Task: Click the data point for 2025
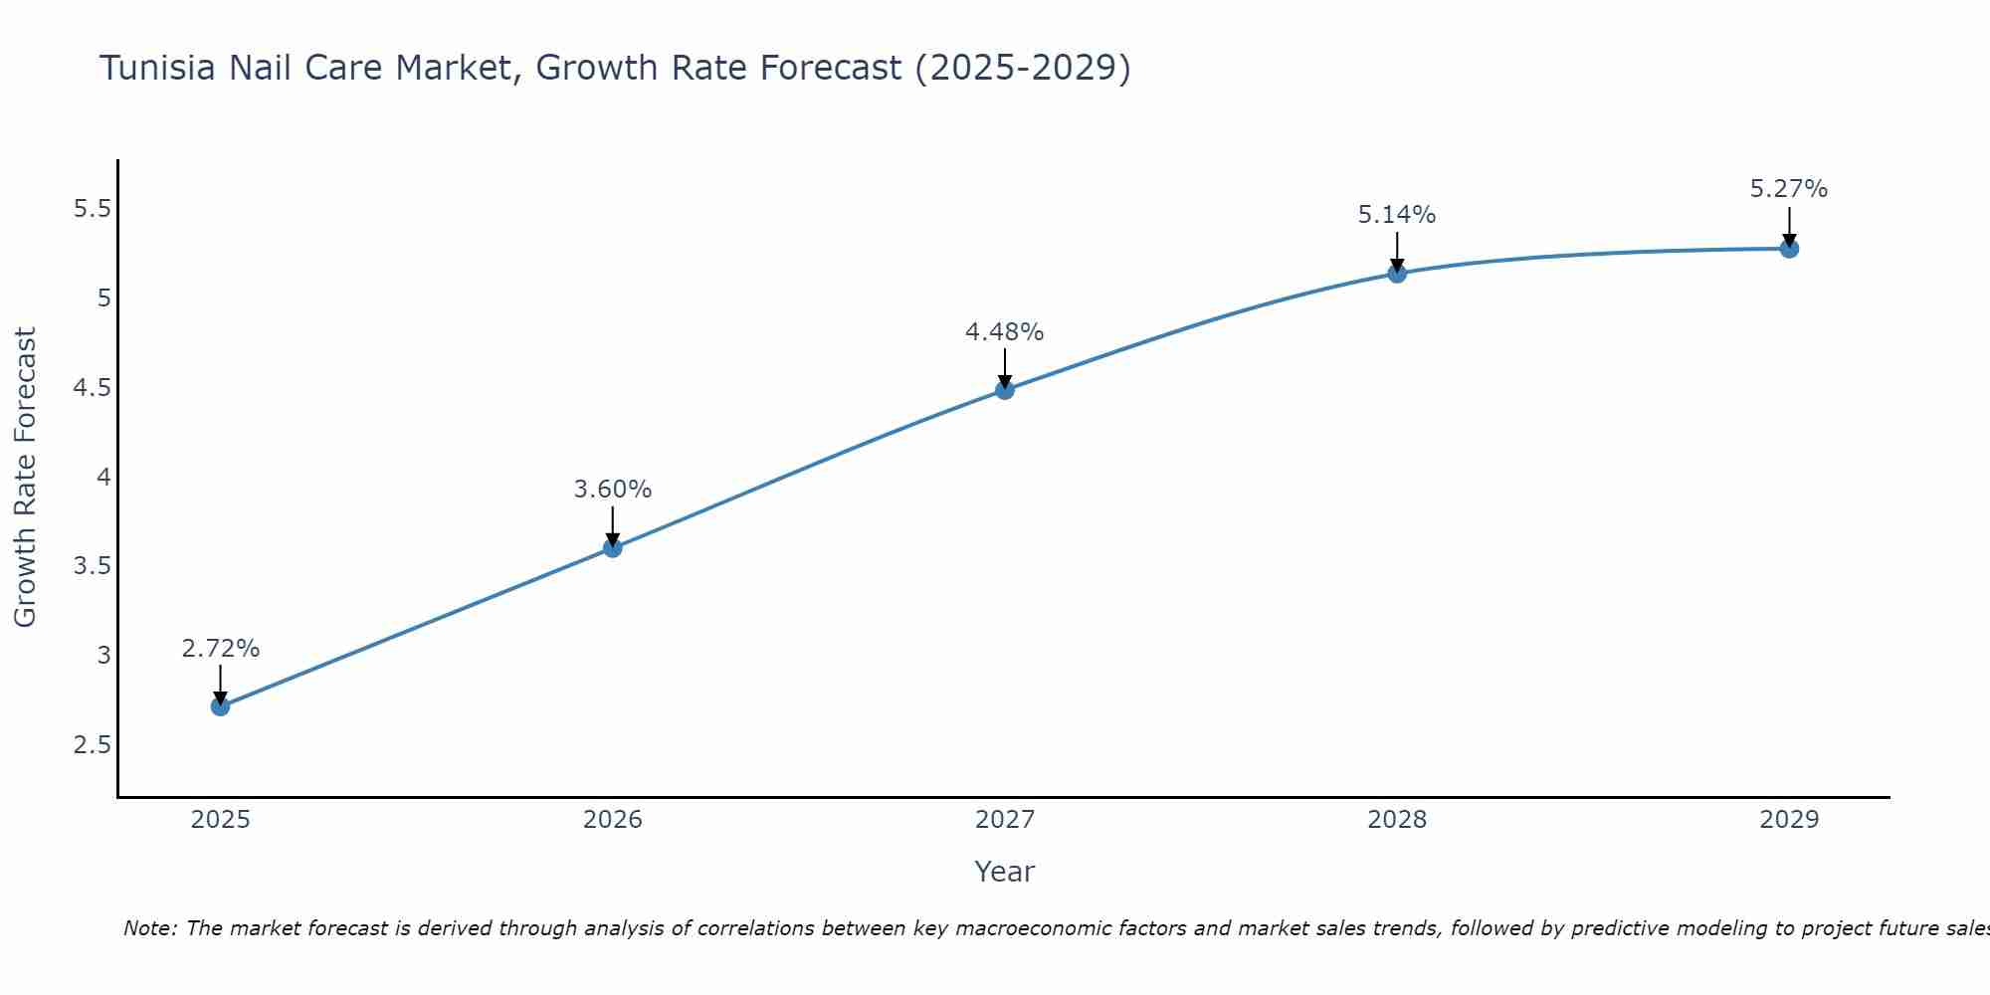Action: [220, 706]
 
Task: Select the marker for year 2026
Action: [612, 547]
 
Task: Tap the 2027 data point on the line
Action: [1005, 390]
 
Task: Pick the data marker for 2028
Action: [1397, 273]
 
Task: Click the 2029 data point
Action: [1789, 249]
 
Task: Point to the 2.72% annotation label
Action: [221, 649]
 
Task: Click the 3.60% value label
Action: [613, 490]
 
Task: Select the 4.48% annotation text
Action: [1005, 332]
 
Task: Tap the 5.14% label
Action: [1397, 215]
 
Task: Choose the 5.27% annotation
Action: [1789, 189]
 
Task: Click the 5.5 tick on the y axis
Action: [93, 209]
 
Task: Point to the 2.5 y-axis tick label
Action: [93, 745]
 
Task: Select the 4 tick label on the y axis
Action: [103, 478]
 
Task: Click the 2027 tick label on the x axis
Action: [1005, 820]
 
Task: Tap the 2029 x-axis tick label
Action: [1789, 820]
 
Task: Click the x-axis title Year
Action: [1005, 872]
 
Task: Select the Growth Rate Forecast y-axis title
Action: [26, 478]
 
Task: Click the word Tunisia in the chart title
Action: [157, 69]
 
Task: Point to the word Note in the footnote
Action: [149, 928]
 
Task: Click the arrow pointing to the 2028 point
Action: [1397, 253]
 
